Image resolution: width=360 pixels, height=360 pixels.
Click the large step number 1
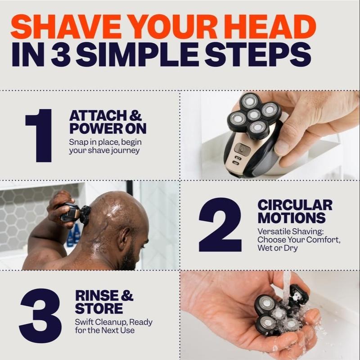tap(40, 135)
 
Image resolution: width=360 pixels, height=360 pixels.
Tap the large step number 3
tap(40, 315)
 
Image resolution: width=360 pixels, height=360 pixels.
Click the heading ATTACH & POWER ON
tap(108, 122)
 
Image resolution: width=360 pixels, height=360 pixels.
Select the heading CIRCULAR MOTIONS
tap(295, 211)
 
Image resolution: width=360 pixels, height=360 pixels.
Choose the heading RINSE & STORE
tap(104, 302)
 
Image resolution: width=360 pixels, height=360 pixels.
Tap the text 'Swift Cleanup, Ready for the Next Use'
tap(113, 326)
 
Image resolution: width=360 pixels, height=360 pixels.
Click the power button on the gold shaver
tap(242, 149)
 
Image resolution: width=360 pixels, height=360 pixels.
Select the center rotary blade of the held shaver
tap(255, 114)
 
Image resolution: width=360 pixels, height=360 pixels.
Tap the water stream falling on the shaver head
tap(287, 288)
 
